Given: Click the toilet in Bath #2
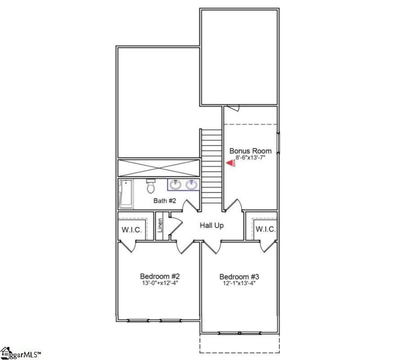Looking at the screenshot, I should click(x=151, y=187).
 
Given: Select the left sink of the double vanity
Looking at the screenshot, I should click(x=177, y=184).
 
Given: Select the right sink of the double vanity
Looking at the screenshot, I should click(x=191, y=184).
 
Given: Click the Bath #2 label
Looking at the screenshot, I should click(x=164, y=201).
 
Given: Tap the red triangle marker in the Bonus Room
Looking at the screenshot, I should click(x=229, y=163).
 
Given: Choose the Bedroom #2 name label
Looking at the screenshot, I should click(x=160, y=276).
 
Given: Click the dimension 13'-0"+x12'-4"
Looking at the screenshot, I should click(x=160, y=283).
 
